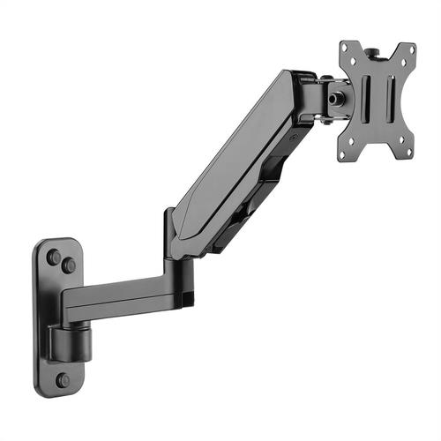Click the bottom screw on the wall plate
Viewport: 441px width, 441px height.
click(x=64, y=380)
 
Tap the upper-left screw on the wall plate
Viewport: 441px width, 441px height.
click(x=54, y=258)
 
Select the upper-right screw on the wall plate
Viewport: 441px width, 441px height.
click(x=69, y=265)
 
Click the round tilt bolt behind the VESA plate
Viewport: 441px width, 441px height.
click(x=336, y=98)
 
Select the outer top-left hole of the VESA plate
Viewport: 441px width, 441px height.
click(x=347, y=50)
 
